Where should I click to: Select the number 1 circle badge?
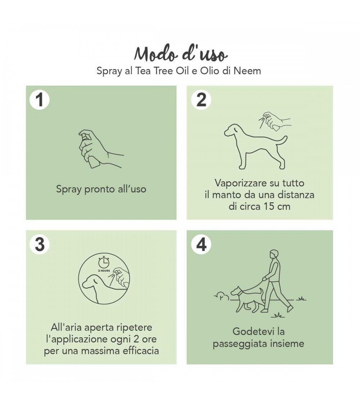(x=40, y=100)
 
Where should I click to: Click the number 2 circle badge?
(x=201, y=100)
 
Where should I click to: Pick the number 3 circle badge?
(x=40, y=244)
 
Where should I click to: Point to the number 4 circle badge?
(x=201, y=244)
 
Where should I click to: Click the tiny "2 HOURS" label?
(x=104, y=271)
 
